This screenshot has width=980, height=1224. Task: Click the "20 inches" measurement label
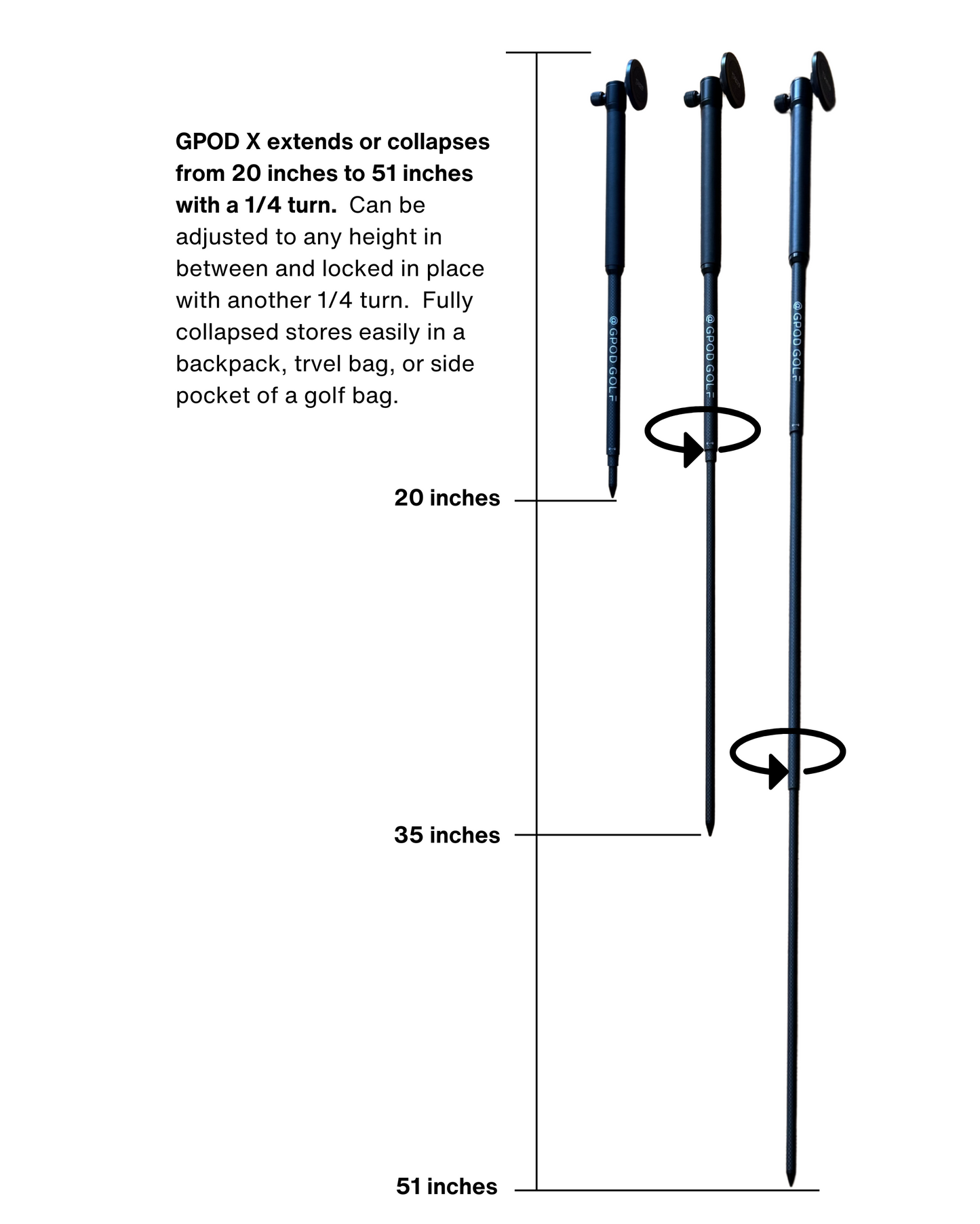click(447, 498)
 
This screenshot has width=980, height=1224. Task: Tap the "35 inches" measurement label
click(447, 835)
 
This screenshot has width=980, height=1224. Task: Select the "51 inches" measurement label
click(447, 1187)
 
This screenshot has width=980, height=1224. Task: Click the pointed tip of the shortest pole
click(613, 492)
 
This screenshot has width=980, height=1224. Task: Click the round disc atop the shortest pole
click(636, 84)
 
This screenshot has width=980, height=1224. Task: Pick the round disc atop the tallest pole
click(823, 80)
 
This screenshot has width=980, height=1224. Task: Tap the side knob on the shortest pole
click(597, 98)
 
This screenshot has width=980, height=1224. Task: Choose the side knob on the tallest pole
click(781, 103)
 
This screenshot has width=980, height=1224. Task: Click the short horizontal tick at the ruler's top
click(549, 52)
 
